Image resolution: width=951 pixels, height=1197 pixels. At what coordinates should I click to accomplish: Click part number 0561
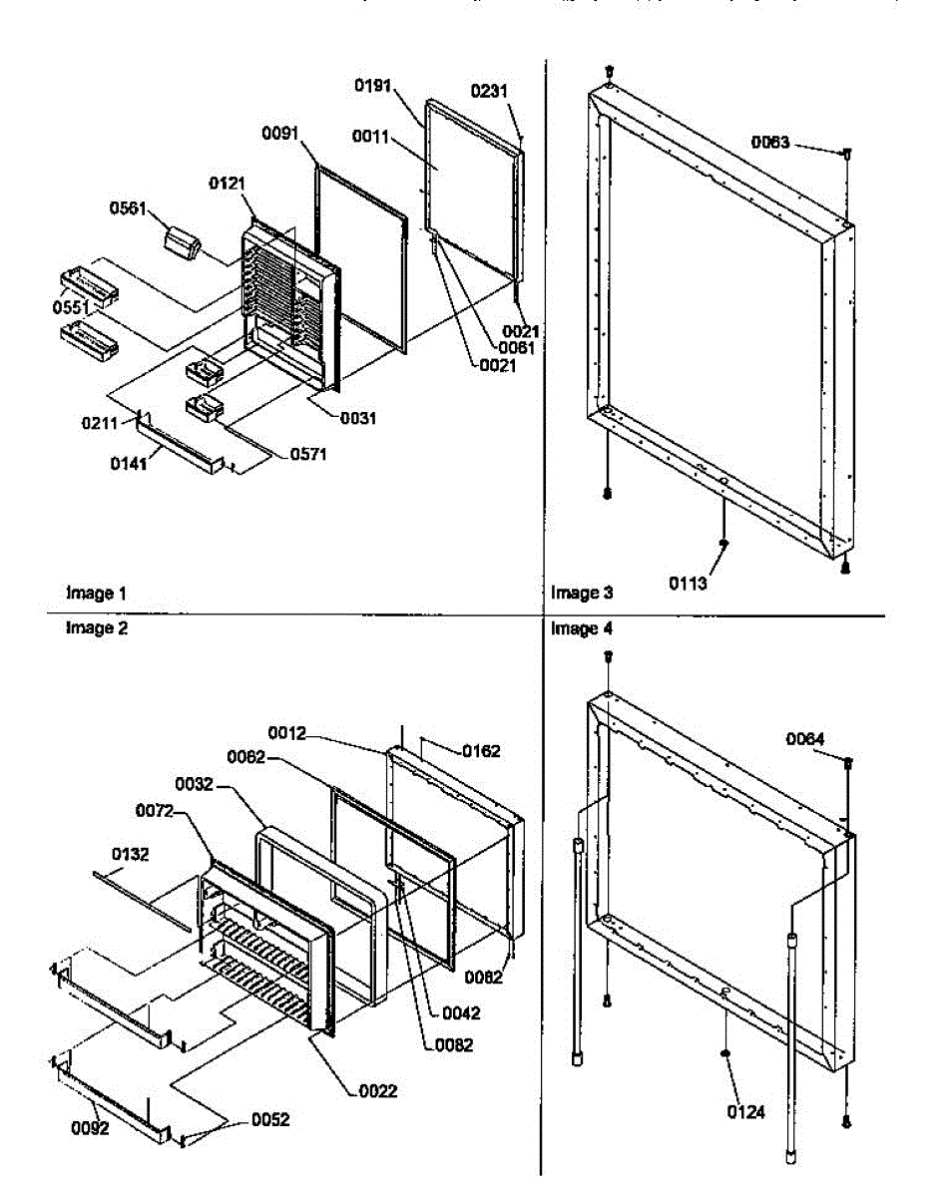(x=128, y=208)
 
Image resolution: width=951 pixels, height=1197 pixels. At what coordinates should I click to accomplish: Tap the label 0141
(x=128, y=464)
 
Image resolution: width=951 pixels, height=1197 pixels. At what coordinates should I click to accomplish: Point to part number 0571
(x=309, y=455)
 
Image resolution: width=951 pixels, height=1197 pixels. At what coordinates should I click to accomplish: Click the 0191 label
(x=374, y=87)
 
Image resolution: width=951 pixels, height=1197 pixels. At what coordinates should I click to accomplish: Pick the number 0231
(x=489, y=91)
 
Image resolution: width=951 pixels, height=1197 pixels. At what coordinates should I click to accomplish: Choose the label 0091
(x=282, y=134)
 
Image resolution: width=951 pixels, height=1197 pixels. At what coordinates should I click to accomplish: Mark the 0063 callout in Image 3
(x=770, y=143)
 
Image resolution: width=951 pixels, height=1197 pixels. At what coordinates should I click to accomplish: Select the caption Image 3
(x=582, y=594)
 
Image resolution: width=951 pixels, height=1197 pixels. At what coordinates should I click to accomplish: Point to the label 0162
(x=480, y=751)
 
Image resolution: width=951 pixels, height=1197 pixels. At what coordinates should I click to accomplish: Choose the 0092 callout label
(x=90, y=1129)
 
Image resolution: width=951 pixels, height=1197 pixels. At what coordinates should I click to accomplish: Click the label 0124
(x=746, y=1112)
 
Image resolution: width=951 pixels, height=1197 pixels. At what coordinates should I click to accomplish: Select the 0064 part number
(x=805, y=739)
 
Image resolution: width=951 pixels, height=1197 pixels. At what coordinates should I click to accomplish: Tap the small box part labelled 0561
(x=182, y=240)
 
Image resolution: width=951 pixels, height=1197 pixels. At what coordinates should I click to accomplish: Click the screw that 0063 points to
(x=846, y=154)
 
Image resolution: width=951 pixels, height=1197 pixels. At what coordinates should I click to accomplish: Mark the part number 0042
(x=461, y=1013)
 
